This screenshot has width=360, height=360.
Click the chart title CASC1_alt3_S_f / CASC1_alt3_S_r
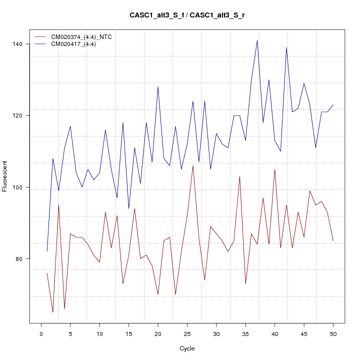tap(187, 15)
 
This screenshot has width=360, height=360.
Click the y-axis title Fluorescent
tap(5, 176)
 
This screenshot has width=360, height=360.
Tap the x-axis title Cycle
tap(187, 348)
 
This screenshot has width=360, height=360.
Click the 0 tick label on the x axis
tap(41, 333)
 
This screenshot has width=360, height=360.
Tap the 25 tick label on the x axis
tap(187, 333)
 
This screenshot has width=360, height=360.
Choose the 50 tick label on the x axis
tap(333, 333)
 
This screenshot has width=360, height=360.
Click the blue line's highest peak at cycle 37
tap(257, 40)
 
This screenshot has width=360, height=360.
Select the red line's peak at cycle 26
tap(193, 165)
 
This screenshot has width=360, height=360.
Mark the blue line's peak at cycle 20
tap(158, 87)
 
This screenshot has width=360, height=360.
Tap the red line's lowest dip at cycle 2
tap(52, 312)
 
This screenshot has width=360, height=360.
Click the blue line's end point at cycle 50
tap(333, 105)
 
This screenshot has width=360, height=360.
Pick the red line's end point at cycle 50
tap(333, 241)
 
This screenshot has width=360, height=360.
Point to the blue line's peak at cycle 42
tap(286, 47)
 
